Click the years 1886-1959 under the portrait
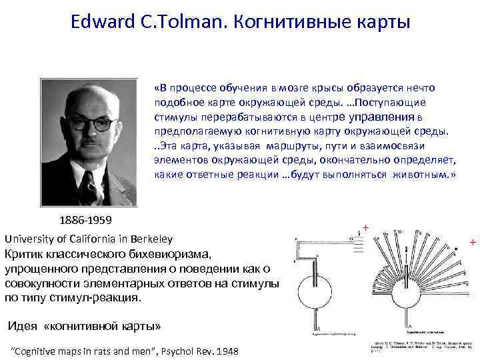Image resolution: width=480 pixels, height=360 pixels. click(x=85, y=220)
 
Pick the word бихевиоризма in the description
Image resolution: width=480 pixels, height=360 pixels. click(x=173, y=254)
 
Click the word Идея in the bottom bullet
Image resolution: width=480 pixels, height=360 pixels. click(x=22, y=326)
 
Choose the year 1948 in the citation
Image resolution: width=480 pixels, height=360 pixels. click(x=227, y=351)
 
